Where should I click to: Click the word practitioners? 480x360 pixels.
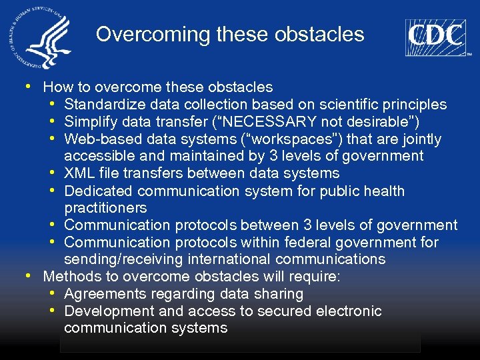pyautogui.click(x=105, y=209)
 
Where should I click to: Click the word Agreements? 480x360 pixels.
pyautogui.click(x=103, y=294)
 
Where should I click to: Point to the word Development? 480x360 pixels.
pyautogui.click(x=107, y=311)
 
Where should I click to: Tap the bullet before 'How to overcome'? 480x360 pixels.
pyautogui.click(x=27, y=87)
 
